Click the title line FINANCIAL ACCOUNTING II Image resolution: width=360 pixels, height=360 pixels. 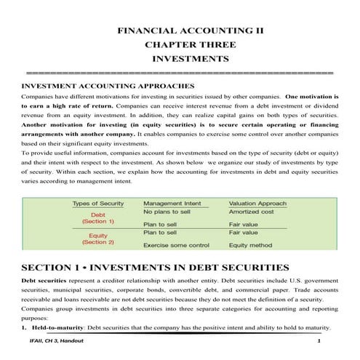(180, 32)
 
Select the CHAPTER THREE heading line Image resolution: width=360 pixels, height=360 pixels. (180, 45)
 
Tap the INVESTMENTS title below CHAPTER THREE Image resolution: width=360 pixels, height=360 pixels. (180, 59)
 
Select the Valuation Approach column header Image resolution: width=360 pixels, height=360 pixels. (257, 203)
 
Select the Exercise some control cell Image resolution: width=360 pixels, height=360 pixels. (177, 246)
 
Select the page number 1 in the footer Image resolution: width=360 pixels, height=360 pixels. (319, 342)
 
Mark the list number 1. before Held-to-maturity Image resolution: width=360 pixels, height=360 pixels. (24, 327)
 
